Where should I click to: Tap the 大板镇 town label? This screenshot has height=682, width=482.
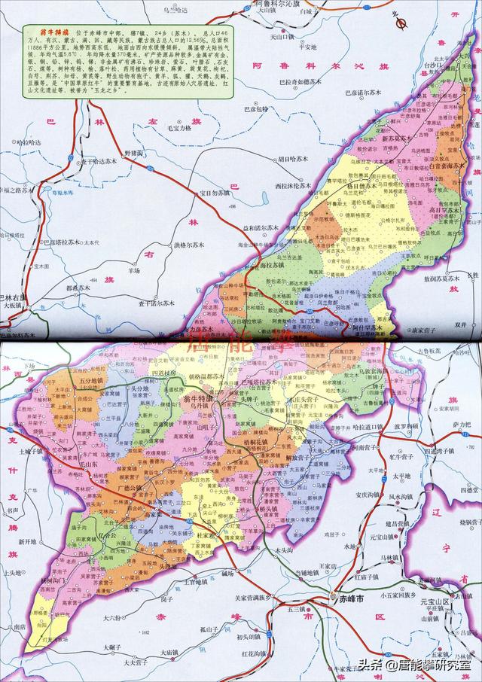[14, 306]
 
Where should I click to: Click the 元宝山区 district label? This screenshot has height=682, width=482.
[435, 603]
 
